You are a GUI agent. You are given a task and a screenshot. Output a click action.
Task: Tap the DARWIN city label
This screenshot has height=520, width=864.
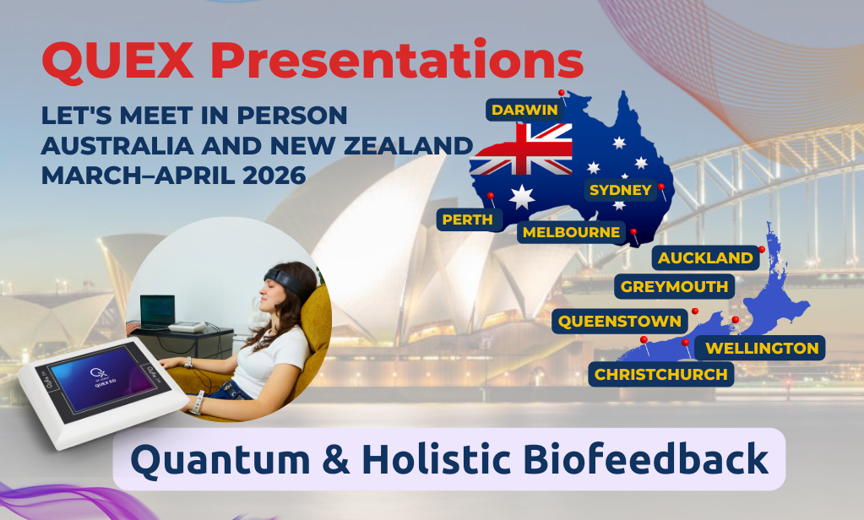tap(524, 110)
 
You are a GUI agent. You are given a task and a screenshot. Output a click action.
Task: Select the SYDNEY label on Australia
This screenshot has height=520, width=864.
tap(621, 190)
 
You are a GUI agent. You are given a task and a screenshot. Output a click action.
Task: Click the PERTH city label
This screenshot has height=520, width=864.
tap(468, 219)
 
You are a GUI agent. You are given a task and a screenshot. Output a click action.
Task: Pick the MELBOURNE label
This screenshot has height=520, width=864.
tap(572, 232)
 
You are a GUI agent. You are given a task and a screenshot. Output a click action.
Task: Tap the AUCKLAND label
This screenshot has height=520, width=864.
tap(705, 257)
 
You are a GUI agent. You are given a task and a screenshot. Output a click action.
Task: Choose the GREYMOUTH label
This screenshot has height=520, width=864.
tap(675, 286)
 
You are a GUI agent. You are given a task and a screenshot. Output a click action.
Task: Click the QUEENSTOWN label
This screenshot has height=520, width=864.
tap(620, 321)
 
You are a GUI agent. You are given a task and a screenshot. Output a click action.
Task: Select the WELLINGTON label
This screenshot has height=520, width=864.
tap(762, 348)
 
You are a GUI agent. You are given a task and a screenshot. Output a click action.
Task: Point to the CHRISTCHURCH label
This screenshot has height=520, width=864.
tap(661, 375)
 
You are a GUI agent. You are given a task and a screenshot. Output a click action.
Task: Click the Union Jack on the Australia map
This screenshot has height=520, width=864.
tap(521, 149)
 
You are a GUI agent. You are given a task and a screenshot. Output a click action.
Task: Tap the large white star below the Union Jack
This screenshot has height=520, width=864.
tap(521, 197)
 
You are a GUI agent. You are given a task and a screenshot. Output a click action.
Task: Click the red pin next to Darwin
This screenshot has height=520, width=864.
tap(562, 93)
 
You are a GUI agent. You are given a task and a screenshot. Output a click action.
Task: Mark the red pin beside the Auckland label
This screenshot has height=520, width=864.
tap(762, 250)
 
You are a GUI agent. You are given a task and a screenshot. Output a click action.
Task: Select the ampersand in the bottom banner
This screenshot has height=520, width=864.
tap(335, 459)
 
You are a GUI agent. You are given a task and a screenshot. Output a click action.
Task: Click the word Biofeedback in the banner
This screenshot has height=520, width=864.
tap(645, 459)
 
